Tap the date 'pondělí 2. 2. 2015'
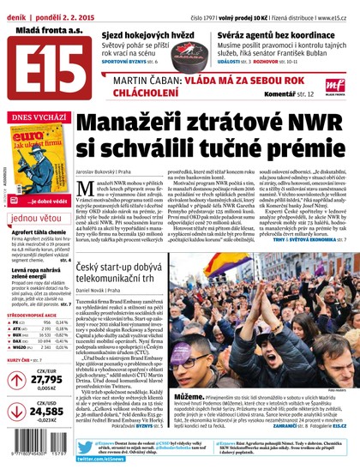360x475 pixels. click(65, 9)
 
